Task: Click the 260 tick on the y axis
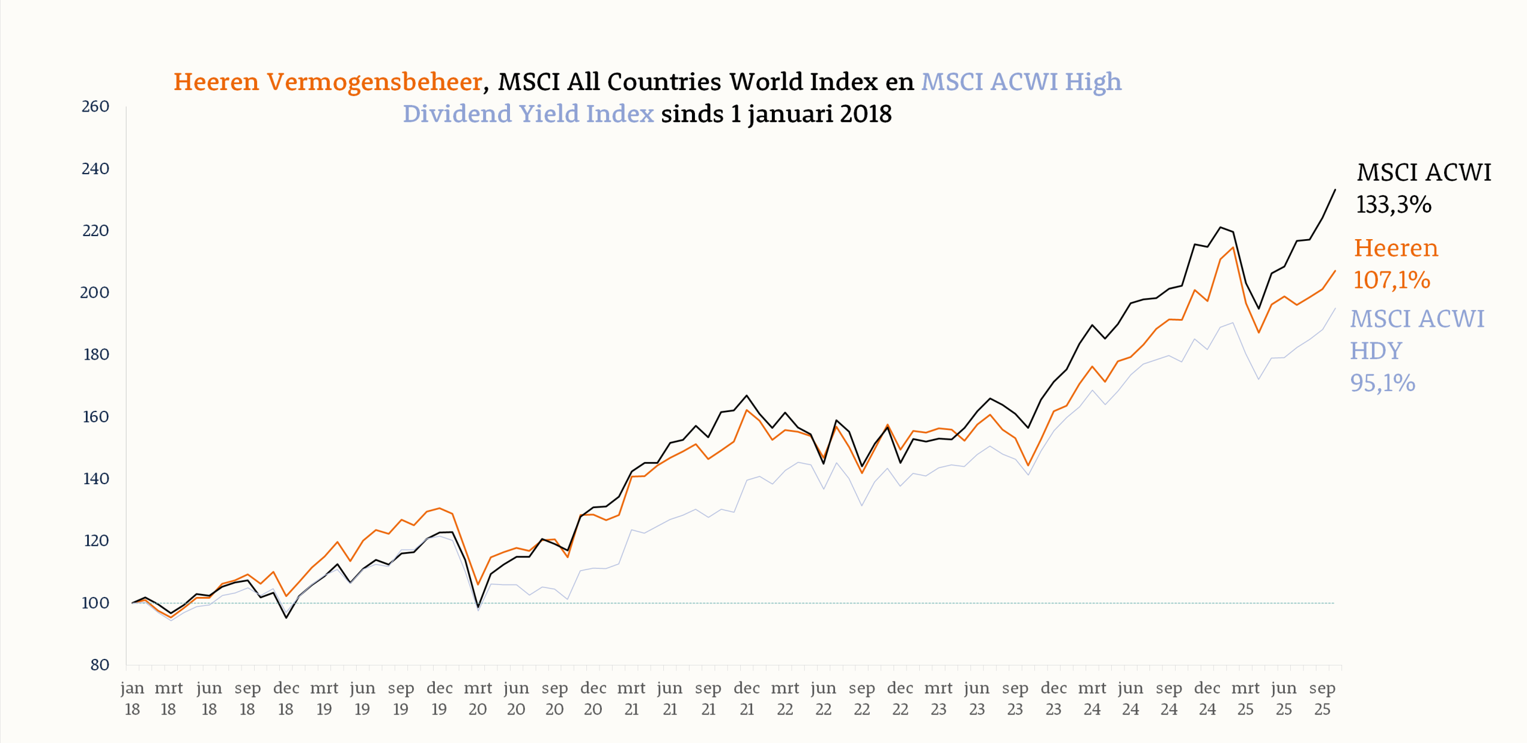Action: point(95,107)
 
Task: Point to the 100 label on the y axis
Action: point(95,603)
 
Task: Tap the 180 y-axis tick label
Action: point(96,355)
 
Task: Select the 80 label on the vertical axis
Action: point(100,665)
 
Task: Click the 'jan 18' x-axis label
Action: point(132,698)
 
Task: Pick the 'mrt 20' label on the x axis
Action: point(478,698)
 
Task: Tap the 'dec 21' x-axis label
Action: point(747,698)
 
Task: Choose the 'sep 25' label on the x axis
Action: point(1322,698)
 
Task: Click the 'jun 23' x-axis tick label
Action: point(977,698)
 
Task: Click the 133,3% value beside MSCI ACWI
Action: point(1393,205)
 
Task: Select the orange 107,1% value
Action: point(1392,280)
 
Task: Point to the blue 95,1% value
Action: point(1383,383)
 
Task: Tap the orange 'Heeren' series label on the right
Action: point(1396,247)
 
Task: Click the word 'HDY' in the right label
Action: point(1376,351)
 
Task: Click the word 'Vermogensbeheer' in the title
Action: point(374,82)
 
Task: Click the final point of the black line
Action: point(1335,190)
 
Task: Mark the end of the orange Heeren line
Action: point(1335,271)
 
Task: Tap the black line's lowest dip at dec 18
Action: point(286,617)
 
